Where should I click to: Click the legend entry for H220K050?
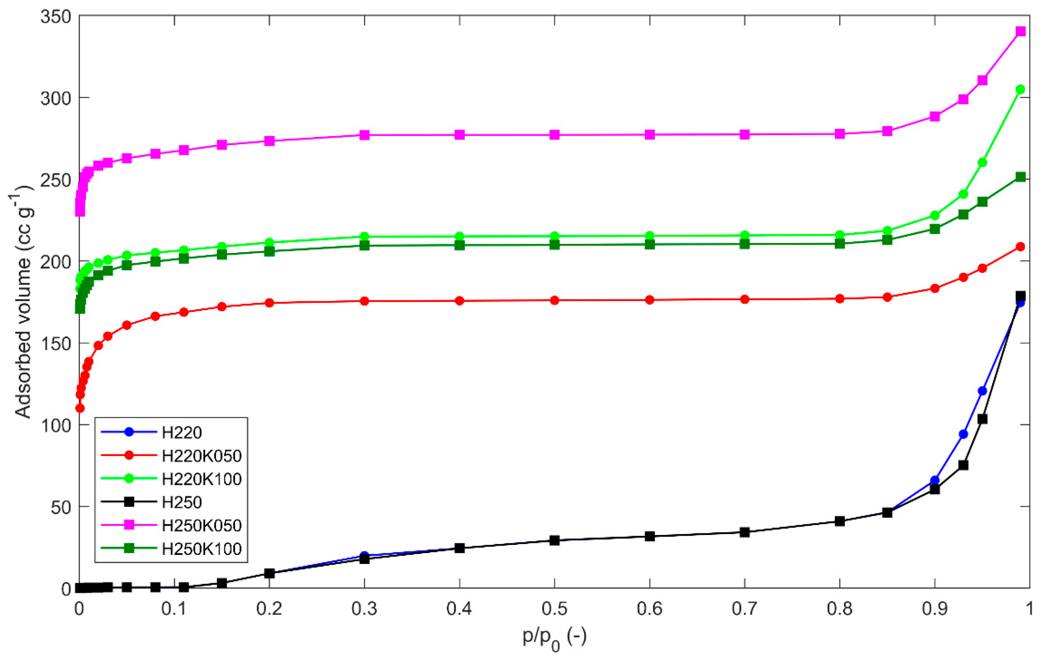click(x=201, y=456)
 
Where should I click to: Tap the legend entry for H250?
click(x=182, y=502)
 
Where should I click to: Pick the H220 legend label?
click(x=182, y=432)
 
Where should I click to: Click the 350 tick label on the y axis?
click(x=56, y=17)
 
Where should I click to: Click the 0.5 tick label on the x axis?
click(x=554, y=609)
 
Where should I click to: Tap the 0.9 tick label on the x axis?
click(x=934, y=609)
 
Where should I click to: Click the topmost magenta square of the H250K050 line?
click(x=1021, y=31)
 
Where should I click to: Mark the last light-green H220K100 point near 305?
click(x=1021, y=89)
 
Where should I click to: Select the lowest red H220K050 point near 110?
click(x=80, y=408)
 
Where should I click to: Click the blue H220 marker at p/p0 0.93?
click(x=963, y=434)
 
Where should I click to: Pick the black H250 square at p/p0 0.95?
click(x=982, y=419)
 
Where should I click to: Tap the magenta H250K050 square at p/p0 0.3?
click(x=365, y=135)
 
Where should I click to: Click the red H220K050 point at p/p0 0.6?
click(x=650, y=300)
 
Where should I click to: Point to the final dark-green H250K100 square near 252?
click(x=1021, y=177)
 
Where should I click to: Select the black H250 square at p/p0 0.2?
click(x=270, y=573)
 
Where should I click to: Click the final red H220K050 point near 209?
click(x=1021, y=247)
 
